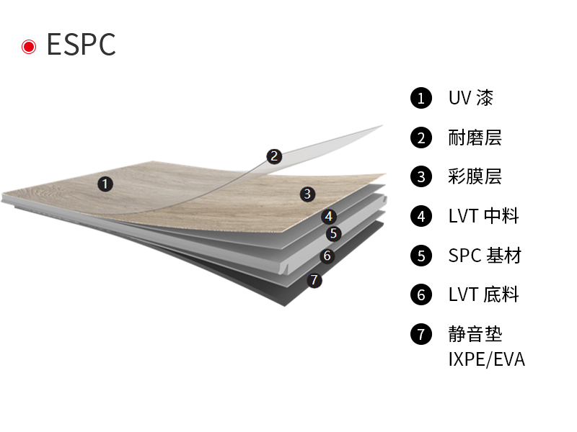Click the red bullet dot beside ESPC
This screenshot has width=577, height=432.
click(29, 47)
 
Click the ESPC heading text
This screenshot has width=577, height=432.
click(81, 45)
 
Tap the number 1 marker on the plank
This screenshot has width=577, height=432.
click(105, 184)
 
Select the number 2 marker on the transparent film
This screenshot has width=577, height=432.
click(273, 156)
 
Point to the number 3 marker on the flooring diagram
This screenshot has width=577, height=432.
click(307, 194)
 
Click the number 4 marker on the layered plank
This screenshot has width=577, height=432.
click(329, 216)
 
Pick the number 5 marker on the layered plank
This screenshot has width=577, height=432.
click(332, 233)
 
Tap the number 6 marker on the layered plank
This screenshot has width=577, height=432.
click(327, 256)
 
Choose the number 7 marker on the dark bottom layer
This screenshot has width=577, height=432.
click(314, 280)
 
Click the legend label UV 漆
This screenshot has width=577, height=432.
click(471, 98)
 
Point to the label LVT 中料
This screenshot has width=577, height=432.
click(483, 215)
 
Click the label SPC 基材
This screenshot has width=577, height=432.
click(484, 255)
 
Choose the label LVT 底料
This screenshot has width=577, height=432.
click(483, 294)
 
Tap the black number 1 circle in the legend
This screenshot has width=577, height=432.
click(420, 98)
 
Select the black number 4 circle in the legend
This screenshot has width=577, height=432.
click(420, 216)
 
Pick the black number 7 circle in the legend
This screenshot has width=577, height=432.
click(420, 334)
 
